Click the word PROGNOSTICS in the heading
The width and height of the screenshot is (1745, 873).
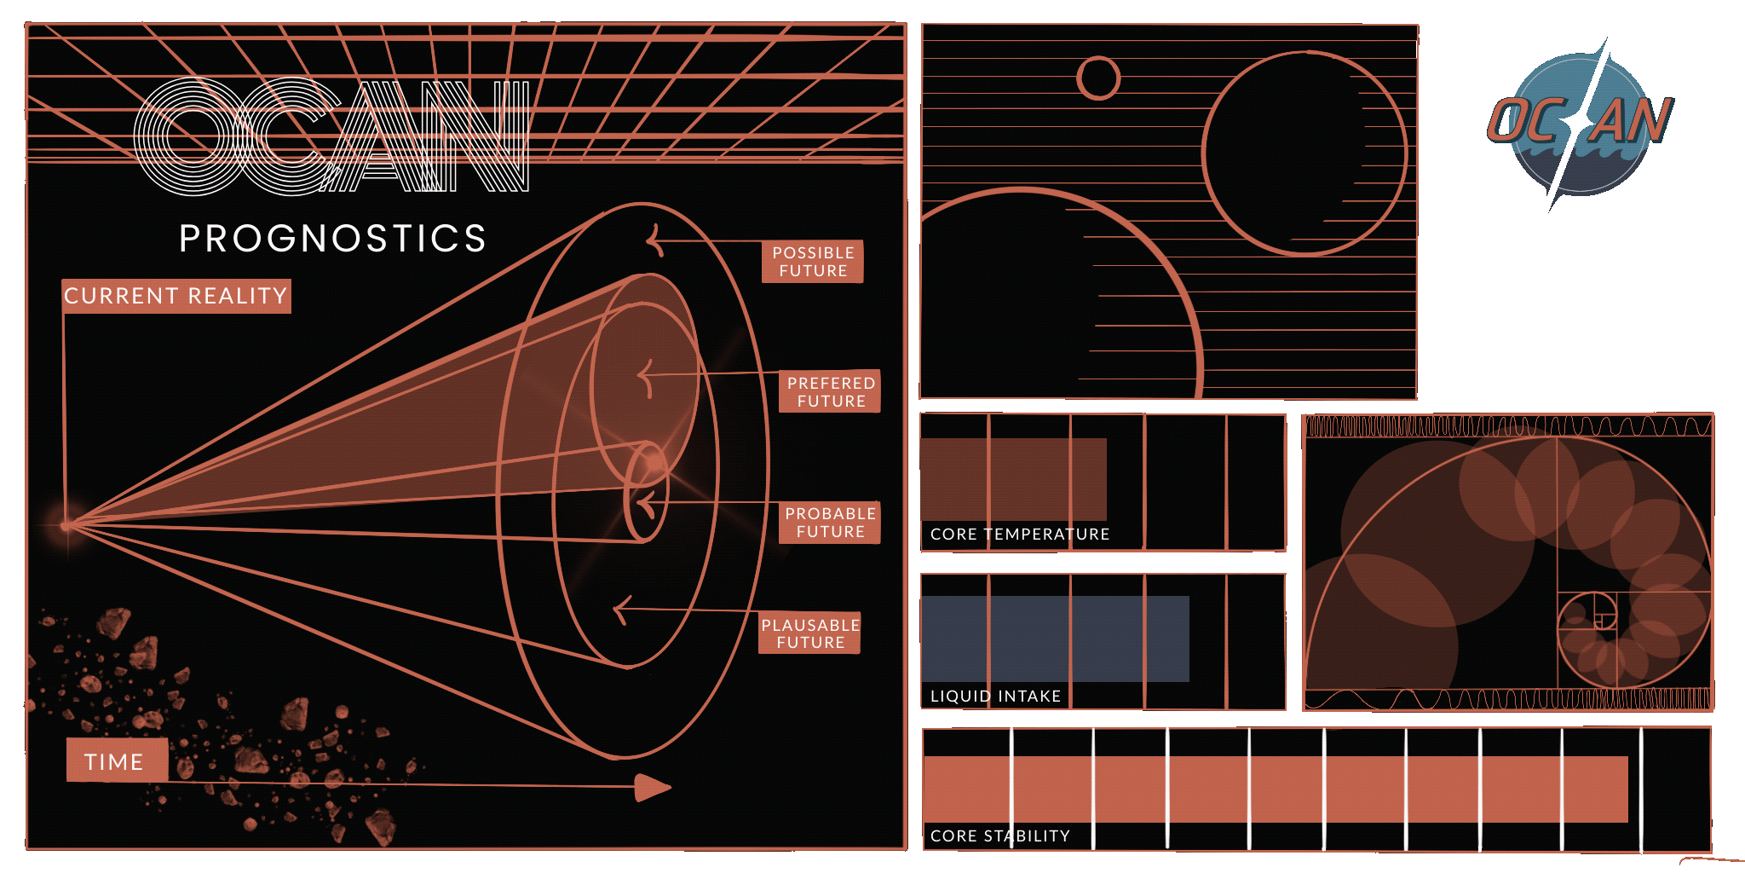pos(332,238)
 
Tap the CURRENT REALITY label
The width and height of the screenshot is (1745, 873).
pos(176,296)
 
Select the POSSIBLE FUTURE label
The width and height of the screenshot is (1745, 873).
pos(813,262)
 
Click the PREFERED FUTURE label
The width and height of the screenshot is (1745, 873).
pos(831,392)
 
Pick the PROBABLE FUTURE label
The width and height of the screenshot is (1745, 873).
pos(830,523)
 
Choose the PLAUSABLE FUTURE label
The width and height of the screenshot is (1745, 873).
pos(810,633)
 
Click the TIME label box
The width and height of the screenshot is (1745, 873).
pos(117,760)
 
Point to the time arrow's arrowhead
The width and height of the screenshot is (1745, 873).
pos(654,788)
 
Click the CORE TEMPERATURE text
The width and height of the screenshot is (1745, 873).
pos(1020,535)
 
